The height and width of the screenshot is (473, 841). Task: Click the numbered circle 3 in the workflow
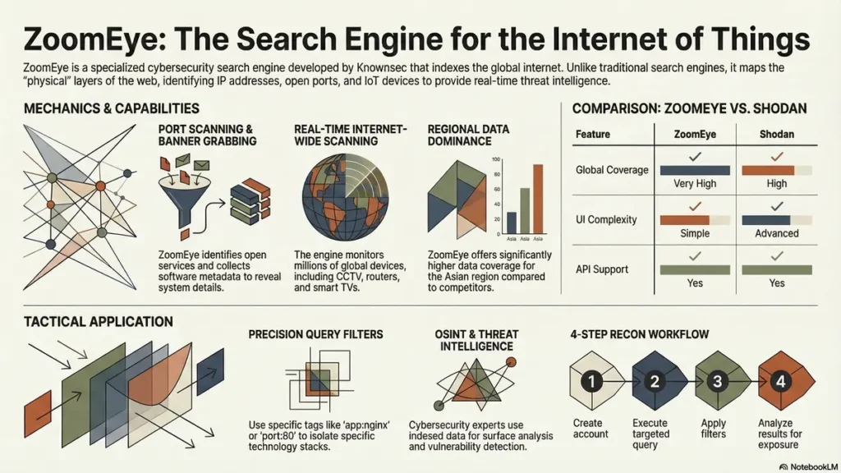coord(717,381)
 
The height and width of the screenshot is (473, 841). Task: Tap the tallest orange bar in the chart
coord(538,199)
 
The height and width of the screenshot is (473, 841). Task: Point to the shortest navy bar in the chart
coord(512,223)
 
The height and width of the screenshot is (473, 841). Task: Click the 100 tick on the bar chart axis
coord(495,159)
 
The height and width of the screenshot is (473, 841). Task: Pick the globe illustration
coord(346,197)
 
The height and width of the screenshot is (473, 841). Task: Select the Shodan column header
coord(777,134)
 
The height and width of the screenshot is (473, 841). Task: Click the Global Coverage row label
coord(612,170)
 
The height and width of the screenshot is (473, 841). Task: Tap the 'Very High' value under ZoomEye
coord(695,183)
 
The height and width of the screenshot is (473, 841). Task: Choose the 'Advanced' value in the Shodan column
coord(777,233)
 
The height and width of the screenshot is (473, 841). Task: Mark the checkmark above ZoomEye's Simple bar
coord(695,206)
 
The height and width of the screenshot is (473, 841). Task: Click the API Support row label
coord(602,269)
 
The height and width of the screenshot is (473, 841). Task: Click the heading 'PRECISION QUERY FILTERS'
coord(315,335)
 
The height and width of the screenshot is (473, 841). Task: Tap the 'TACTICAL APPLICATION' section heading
coord(99,322)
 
